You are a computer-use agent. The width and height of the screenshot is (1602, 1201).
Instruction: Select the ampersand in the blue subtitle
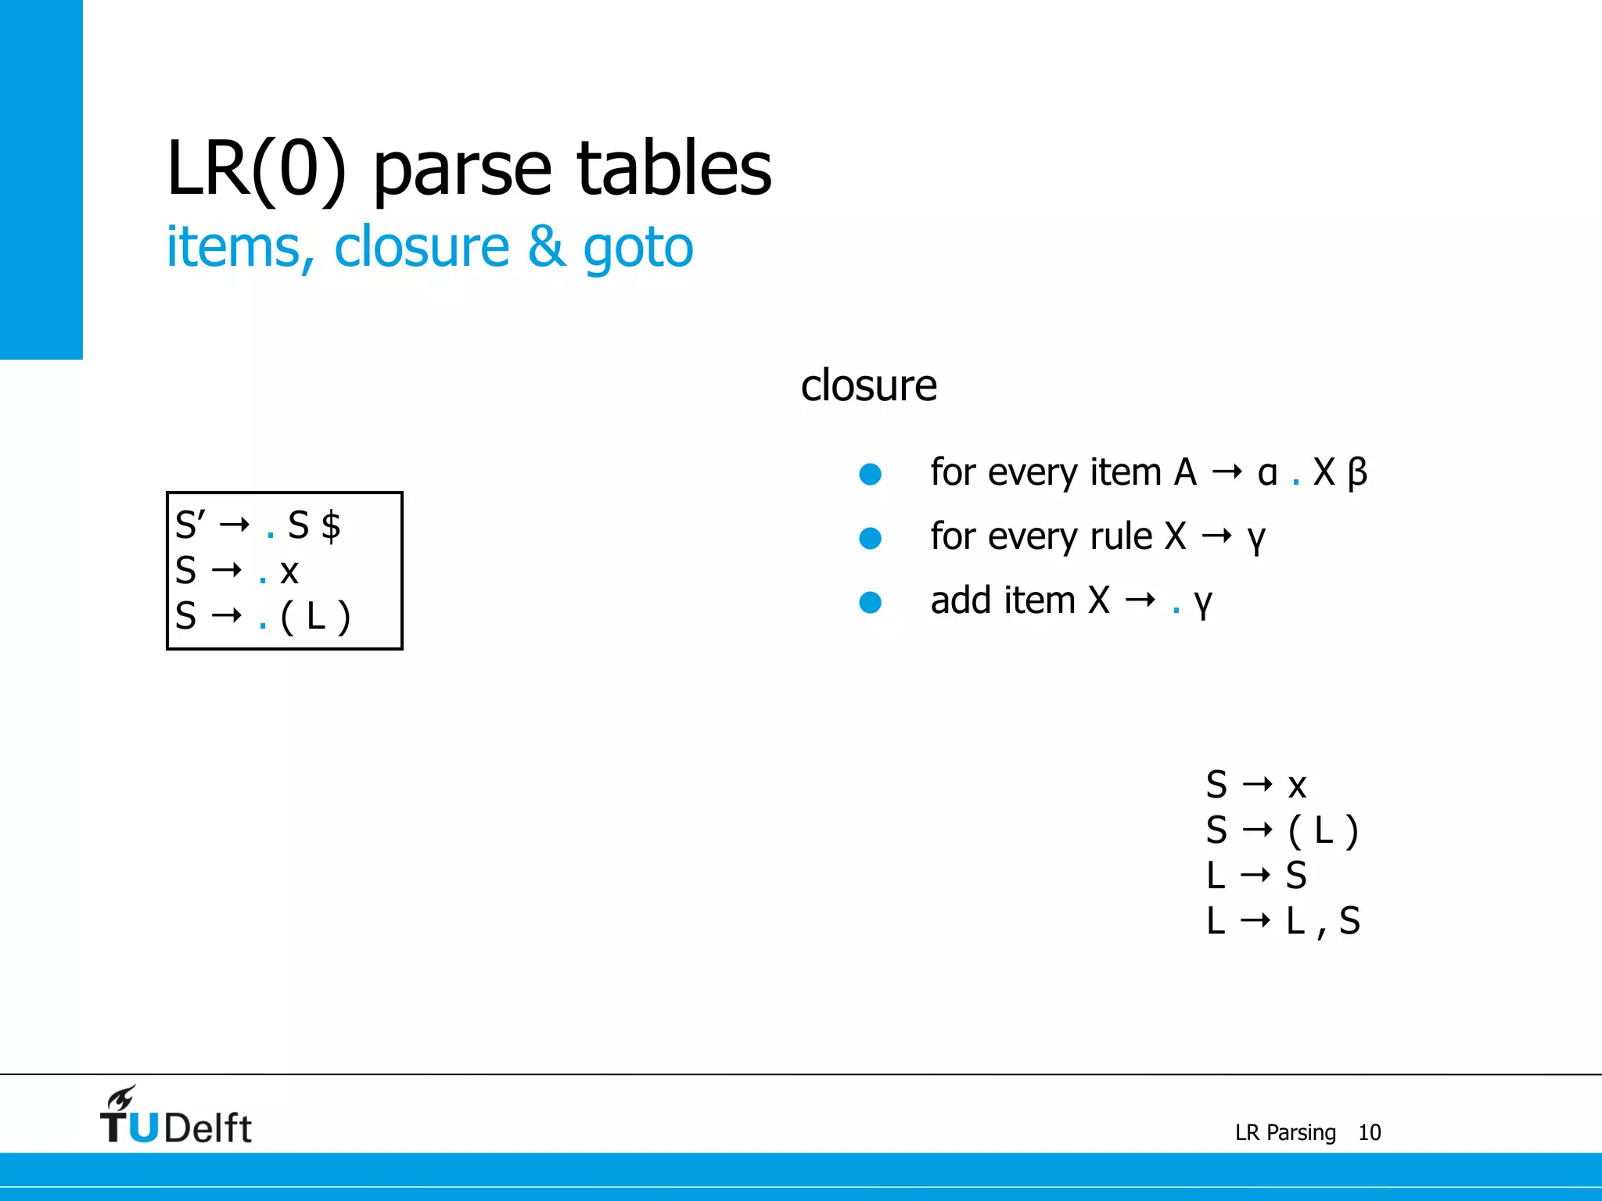pos(546,247)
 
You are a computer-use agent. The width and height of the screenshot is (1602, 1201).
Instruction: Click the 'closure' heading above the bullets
pos(868,385)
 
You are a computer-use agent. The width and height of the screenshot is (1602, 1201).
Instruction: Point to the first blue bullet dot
pos(870,474)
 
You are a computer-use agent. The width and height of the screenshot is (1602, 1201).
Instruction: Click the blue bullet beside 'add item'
pos(870,602)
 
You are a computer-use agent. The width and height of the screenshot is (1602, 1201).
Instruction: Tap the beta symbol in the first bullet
pos(1357,473)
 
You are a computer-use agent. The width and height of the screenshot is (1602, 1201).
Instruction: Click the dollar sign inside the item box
pos(331,525)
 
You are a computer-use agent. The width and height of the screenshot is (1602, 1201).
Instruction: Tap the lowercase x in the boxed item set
pos(289,572)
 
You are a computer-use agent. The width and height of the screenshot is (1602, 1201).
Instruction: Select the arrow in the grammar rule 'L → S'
pos(1255,875)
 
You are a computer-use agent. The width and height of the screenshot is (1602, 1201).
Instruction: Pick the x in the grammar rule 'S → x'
pos(1297,786)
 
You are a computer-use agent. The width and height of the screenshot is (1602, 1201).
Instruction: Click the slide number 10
pos(1369,1132)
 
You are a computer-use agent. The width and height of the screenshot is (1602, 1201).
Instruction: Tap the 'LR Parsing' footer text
pos(1285,1132)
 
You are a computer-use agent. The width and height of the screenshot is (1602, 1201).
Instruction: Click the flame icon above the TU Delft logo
pos(122,1098)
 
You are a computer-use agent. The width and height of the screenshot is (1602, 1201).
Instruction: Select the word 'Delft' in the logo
pos(208,1128)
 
